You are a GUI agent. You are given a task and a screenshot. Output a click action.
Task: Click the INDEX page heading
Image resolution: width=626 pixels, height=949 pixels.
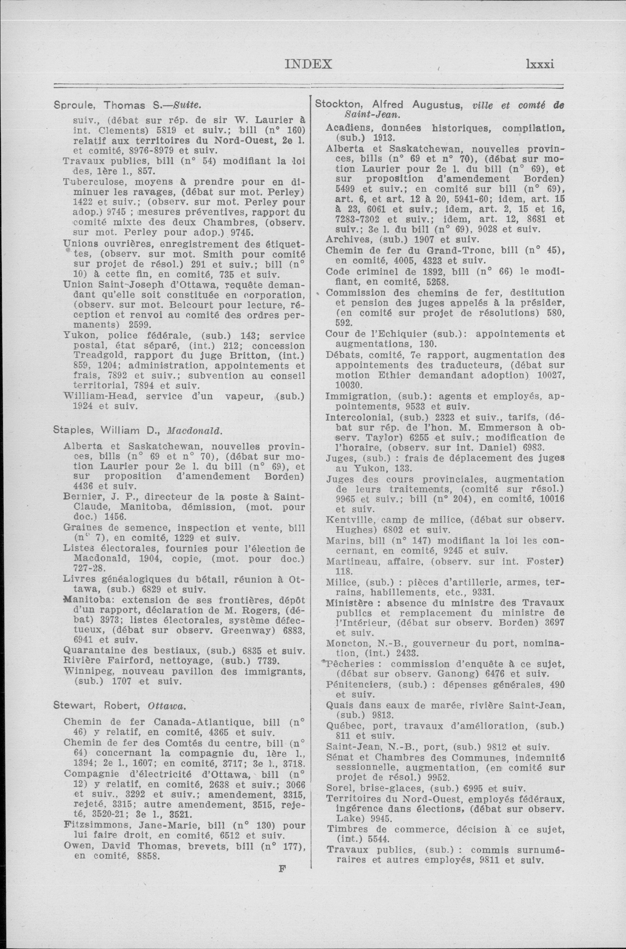pos(308,64)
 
